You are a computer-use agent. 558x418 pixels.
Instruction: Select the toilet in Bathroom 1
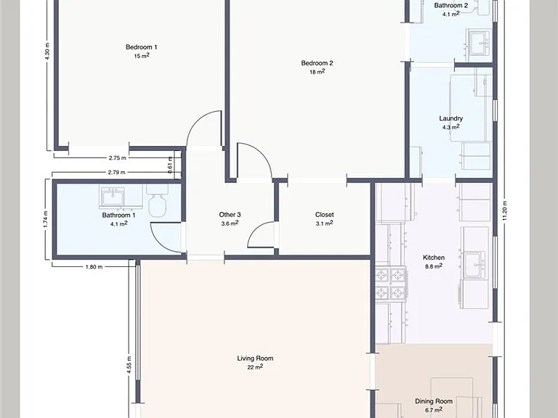(157, 201)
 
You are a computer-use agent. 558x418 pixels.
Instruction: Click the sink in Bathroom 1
(113, 197)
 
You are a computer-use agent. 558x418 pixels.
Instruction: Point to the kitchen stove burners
(391, 284)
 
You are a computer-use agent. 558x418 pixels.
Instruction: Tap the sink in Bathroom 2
(479, 43)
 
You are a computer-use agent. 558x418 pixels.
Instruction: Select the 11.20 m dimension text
(505, 210)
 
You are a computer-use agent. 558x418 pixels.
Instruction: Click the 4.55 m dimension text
(129, 365)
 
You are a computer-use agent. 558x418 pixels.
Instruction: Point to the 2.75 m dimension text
(118, 157)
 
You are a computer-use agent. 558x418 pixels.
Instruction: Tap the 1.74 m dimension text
(46, 220)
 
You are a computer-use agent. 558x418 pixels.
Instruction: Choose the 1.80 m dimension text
(94, 267)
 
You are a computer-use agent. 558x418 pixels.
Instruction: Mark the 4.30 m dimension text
(48, 51)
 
